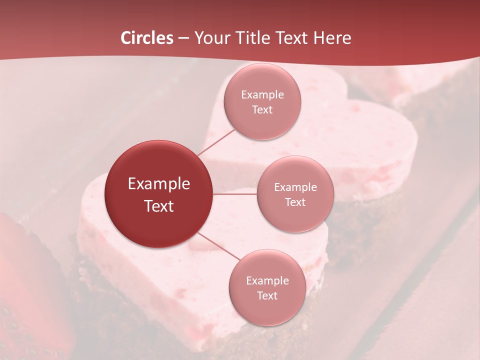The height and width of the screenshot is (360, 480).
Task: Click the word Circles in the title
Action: coord(147,38)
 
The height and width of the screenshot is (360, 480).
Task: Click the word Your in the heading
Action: coord(210,38)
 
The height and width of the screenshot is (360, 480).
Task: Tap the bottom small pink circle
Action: coord(267,310)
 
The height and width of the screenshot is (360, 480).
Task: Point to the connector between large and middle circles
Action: coord(235,194)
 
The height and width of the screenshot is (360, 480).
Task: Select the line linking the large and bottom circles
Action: coord(218,246)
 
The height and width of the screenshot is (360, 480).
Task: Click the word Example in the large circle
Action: coord(159,184)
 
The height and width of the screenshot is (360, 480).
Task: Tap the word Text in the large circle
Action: coord(159,206)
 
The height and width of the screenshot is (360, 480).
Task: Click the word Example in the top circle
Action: coord(262,95)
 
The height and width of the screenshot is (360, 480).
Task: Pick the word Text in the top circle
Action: coord(262,110)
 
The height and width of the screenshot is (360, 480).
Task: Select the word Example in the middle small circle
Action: coord(295,187)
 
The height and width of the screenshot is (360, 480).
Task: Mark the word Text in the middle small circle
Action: coord(295,202)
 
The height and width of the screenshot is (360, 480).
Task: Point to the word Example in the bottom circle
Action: coord(267,281)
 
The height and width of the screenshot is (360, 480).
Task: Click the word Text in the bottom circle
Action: coord(267,296)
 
